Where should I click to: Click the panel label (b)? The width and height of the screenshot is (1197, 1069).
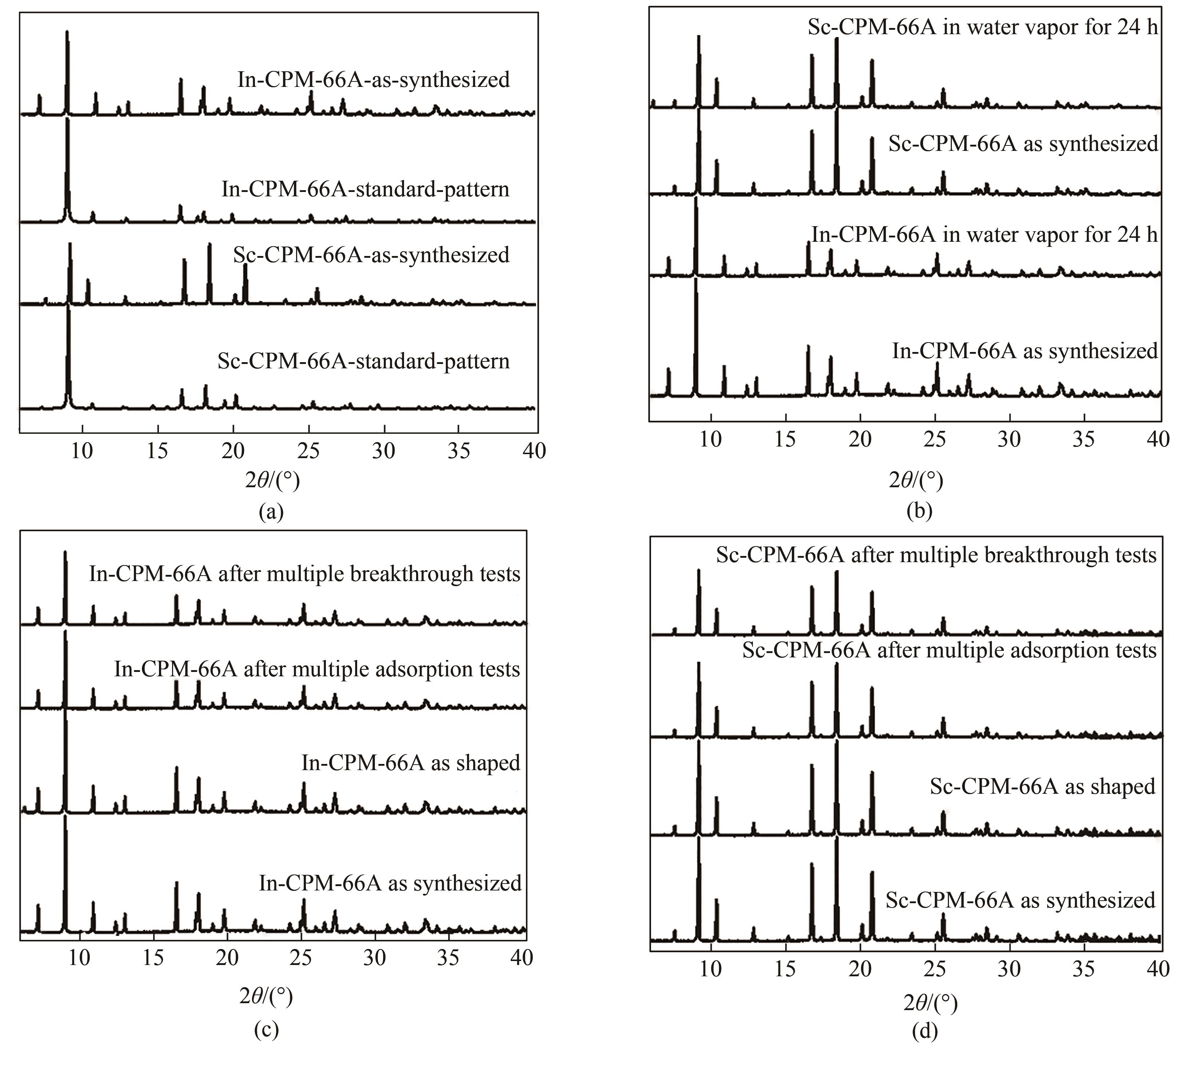pyautogui.click(x=919, y=511)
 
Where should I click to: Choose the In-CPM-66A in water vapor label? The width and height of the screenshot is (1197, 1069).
pyautogui.click(x=984, y=235)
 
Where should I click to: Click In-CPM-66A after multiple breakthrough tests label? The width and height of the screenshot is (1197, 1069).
pyautogui.click(x=304, y=573)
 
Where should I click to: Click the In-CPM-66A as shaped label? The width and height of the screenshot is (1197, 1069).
pyautogui.click(x=411, y=762)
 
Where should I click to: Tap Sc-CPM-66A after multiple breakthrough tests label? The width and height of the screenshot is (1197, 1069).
pyautogui.click(x=936, y=555)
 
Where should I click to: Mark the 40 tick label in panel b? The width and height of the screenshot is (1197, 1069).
pyautogui.click(x=1158, y=439)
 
